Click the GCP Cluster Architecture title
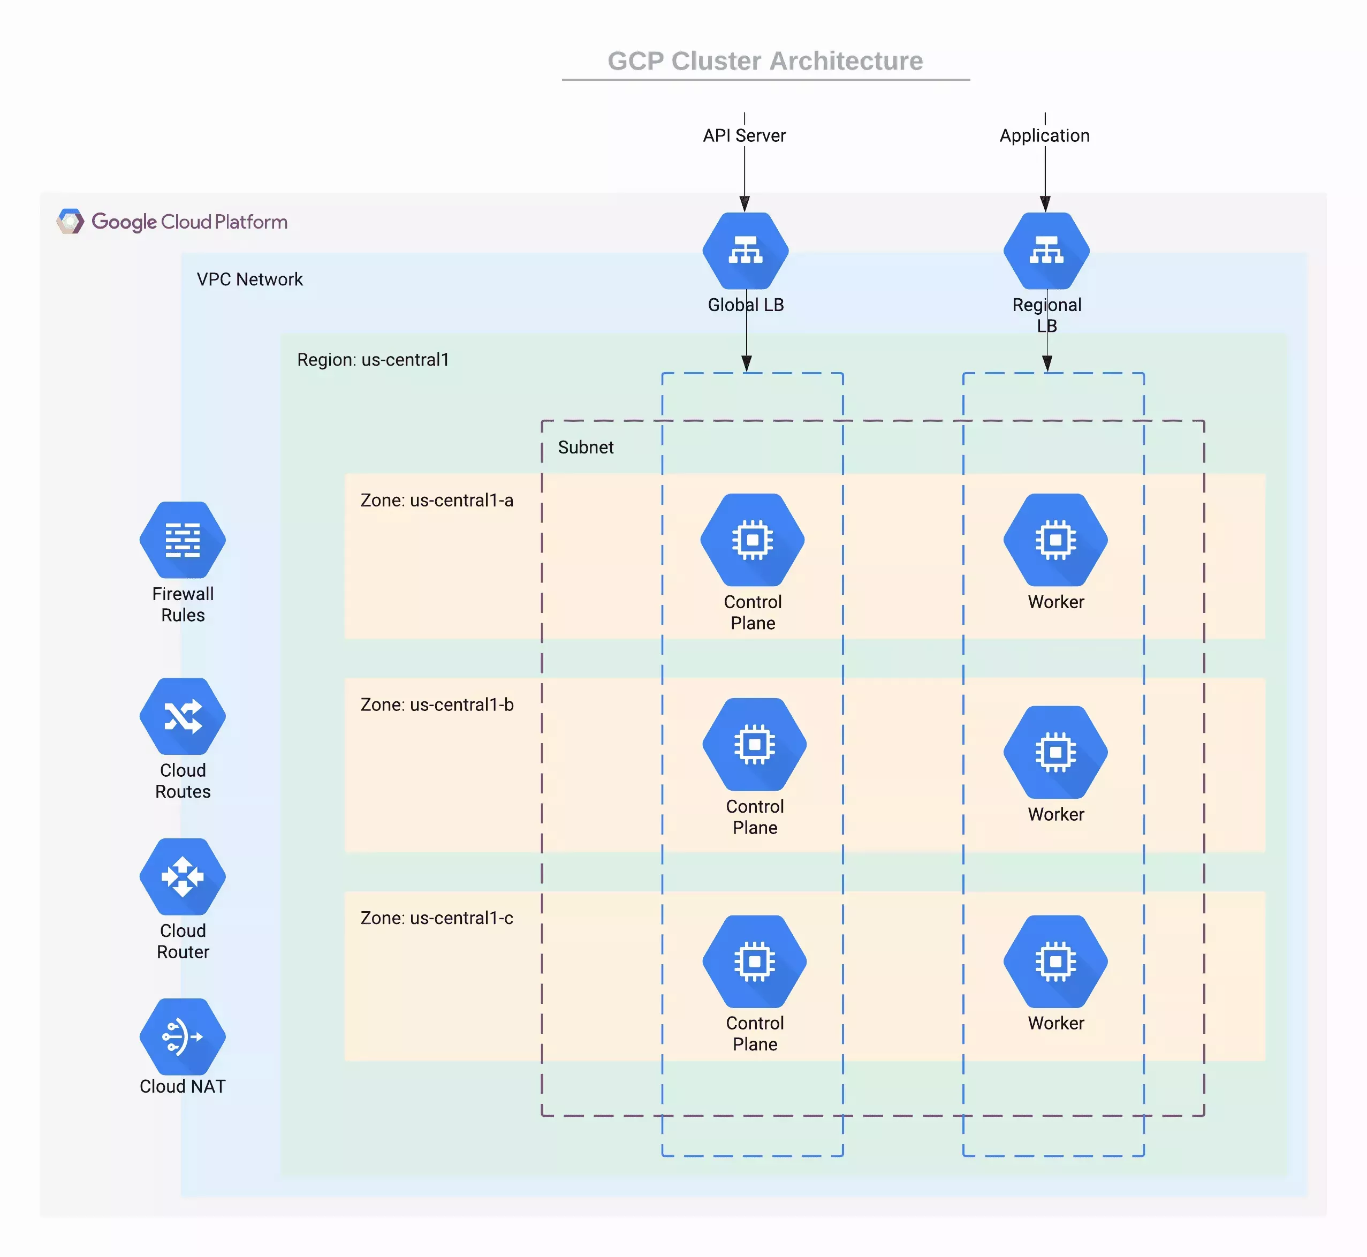pos(765,61)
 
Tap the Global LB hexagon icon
pos(746,251)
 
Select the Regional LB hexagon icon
pos(1046,251)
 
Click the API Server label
pos(744,135)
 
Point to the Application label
pos(1044,135)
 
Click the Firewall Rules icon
pos(183,540)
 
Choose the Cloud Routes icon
pos(183,716)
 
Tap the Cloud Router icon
pos(183,877)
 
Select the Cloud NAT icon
pos(183,1036)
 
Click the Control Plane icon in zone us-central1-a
pos(752,540)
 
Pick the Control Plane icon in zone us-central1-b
pos(754,744)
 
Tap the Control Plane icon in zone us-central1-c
pos(754,961)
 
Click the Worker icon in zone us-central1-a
pos(1055,540)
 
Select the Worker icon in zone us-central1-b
pos(1055,752)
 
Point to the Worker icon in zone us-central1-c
pos(1055,961)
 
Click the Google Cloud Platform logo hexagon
pos(70,222)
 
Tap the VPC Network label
pos(249,279)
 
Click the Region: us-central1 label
pos(373,360)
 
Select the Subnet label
pos(586,448)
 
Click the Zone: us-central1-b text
pos(437,705)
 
